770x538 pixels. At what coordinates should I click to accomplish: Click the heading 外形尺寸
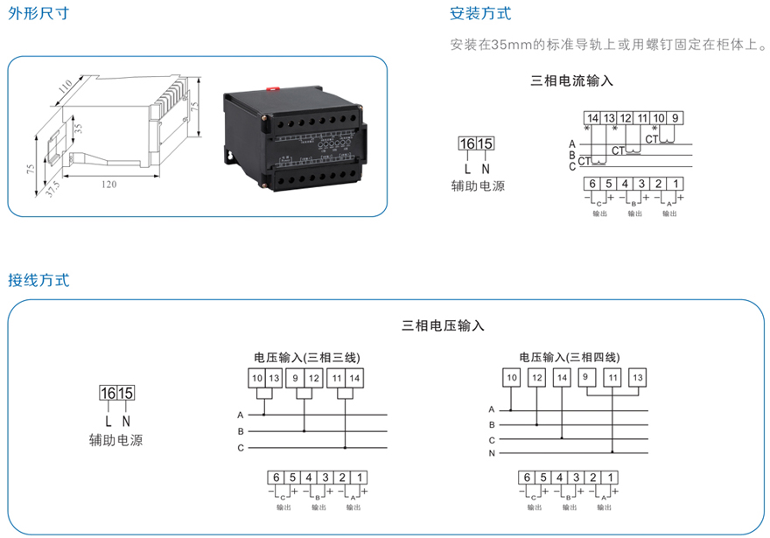coord(38,15)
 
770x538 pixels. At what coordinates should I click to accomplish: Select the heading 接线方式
coord(38,281)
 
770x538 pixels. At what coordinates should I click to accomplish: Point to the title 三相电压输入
coord(443,325)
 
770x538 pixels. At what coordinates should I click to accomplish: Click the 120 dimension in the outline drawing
coord(109,185)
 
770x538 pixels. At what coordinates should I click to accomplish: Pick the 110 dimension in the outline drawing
coord(64,87)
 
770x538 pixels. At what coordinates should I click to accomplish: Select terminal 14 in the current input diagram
coord(593,118)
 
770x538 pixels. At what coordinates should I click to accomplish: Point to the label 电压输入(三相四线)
coord(569,358)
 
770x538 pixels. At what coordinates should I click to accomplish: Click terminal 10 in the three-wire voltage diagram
coord(256,378)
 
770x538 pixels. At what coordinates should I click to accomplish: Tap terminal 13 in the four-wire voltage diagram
coord(637,378)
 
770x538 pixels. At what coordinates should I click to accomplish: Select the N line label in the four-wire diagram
coord(492,454)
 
